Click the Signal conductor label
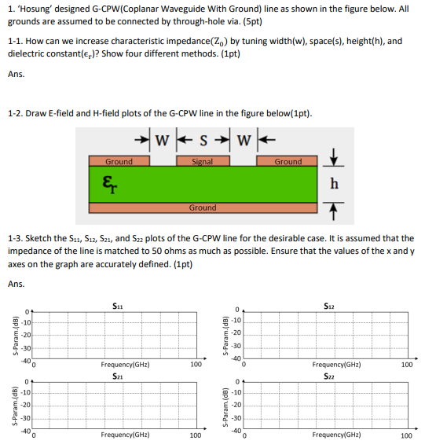[204, 161]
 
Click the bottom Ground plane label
[203, 208]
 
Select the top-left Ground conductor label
[119, 161]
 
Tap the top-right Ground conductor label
[288, 161]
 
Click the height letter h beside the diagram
[335, 183]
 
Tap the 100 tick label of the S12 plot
[406, 365]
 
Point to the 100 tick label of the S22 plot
[406, 435]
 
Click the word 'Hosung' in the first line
[37, 9]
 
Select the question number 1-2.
[15, 113]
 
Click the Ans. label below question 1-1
[16, 75]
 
